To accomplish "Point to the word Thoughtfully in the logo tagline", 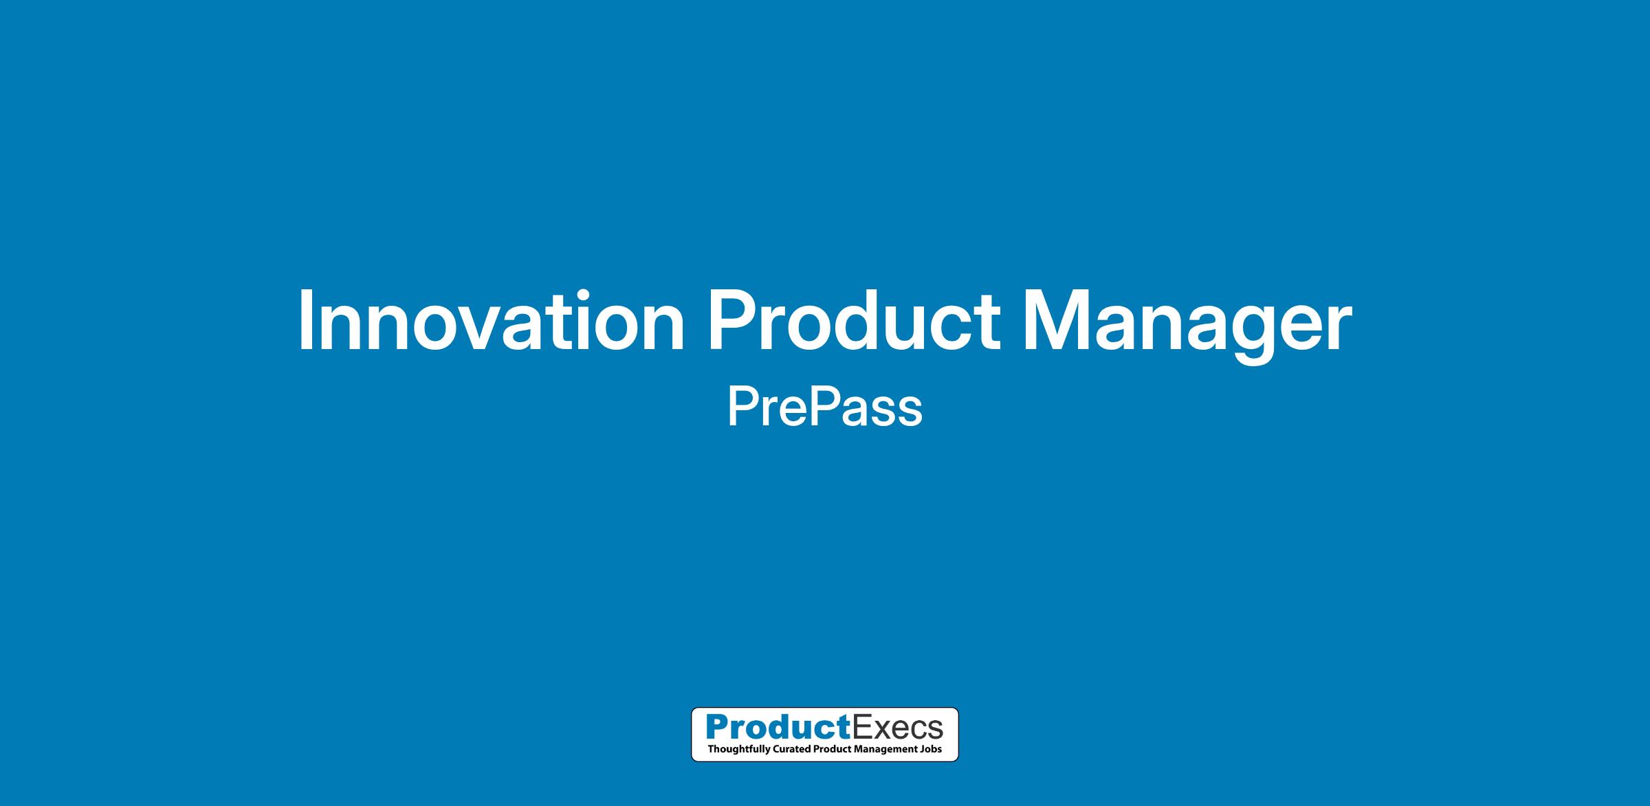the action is [735, 750].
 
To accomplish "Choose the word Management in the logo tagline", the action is [883, 750].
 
